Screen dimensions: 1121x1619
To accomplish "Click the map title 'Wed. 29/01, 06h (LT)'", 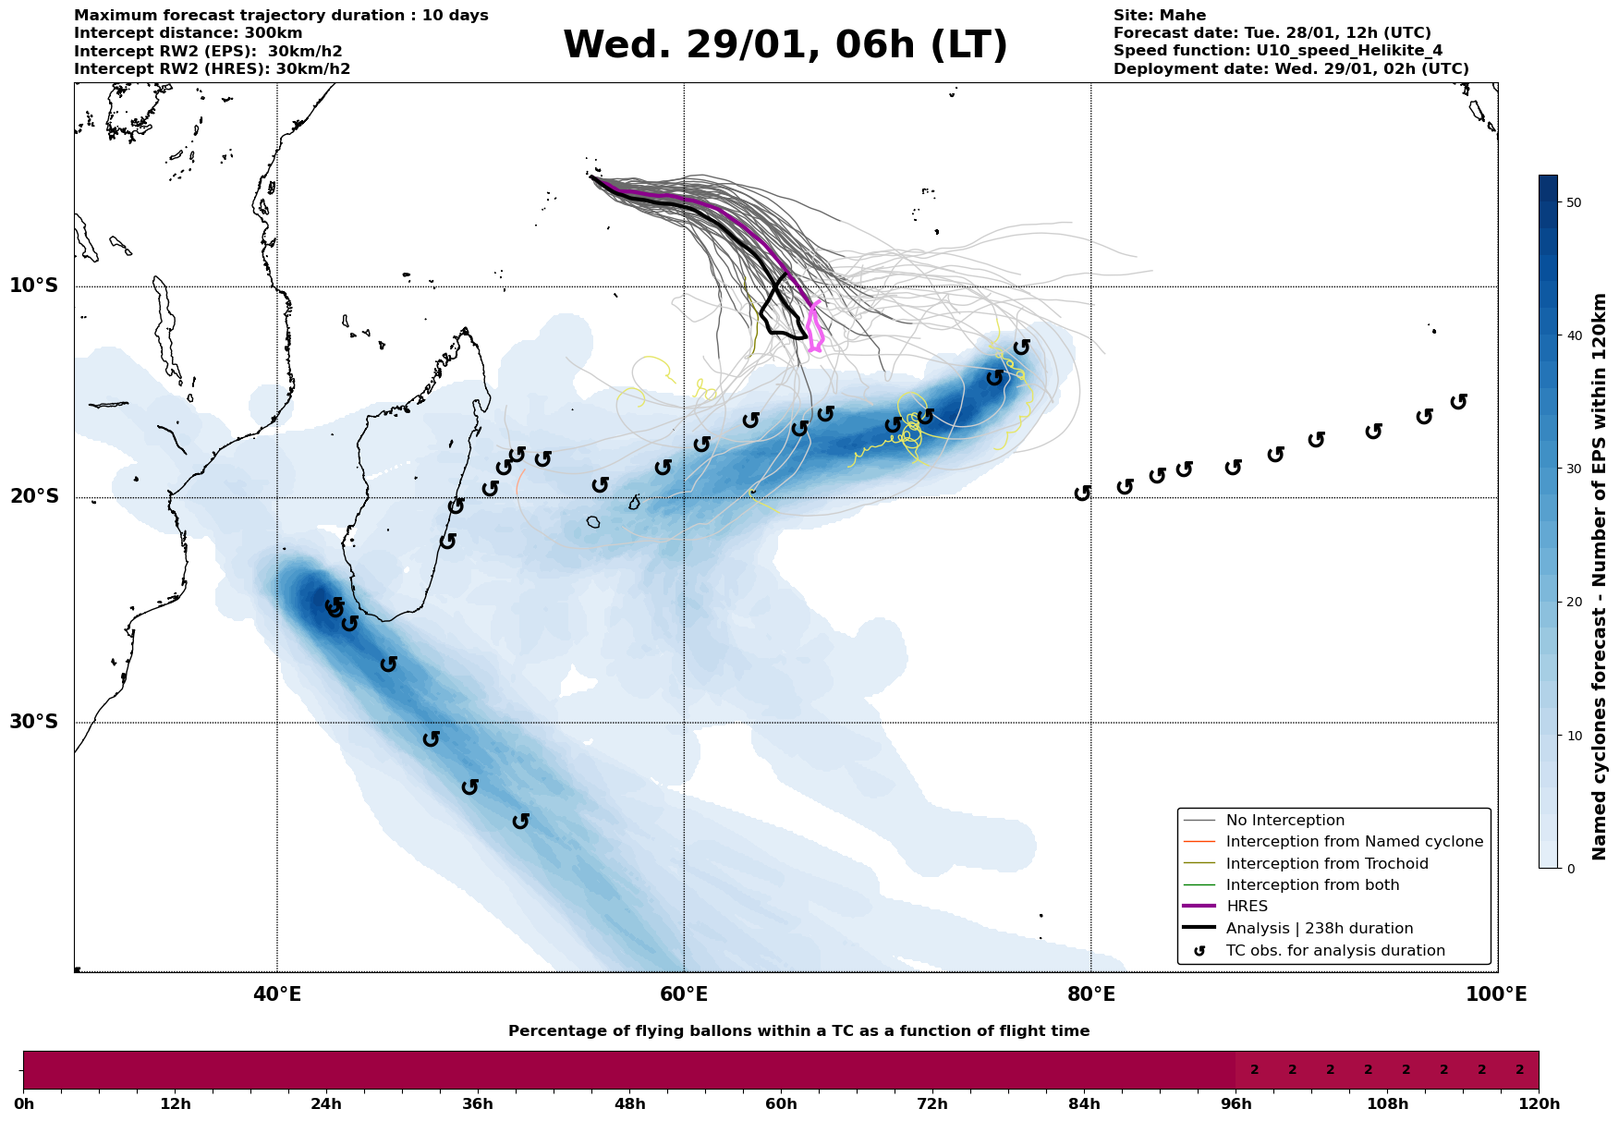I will coord(785,45).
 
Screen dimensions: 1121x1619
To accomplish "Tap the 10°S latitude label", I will coord(34,286).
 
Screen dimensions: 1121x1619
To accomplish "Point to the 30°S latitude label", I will coord(34,722).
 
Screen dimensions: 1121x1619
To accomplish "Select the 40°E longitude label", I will coord(277,994).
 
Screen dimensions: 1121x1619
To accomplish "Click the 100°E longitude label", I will coord(1496,994).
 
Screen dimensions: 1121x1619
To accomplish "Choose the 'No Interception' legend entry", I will coord(1284,821).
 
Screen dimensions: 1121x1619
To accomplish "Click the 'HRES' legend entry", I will coord(1247,907).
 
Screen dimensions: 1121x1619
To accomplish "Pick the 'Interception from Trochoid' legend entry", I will coord(1326,864).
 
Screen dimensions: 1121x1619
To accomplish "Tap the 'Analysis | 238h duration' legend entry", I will coord(1319,929).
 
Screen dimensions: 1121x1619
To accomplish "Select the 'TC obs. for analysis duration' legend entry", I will coord(1334,951).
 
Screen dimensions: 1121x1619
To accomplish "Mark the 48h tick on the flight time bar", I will coord(629,1103).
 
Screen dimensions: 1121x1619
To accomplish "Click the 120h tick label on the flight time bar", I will coord(1537,1103).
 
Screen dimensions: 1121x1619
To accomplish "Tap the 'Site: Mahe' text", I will coord(1159,16).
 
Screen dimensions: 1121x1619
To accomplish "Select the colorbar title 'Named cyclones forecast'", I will coord(1600,577).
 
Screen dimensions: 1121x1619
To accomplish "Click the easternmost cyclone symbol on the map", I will coord(1459,402).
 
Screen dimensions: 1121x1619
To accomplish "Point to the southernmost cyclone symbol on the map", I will coord(521,821).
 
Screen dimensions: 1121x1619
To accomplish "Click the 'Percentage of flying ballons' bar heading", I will coord(798,1031).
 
